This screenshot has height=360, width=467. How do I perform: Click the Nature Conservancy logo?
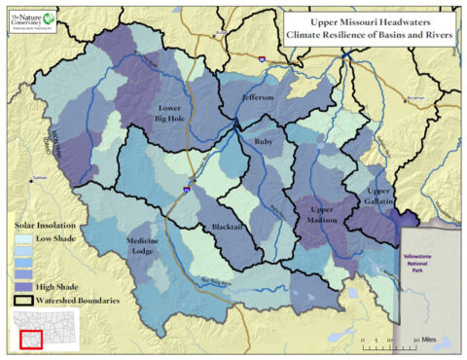[x=33, y=20]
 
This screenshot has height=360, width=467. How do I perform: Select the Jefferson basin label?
[x=258, y=99]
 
